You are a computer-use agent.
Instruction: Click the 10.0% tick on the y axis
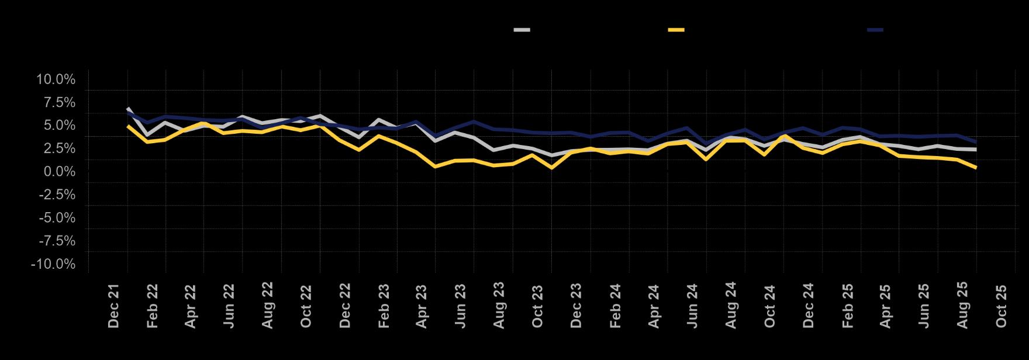[x=56, y=79]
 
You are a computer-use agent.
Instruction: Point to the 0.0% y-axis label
[x=60, y=172]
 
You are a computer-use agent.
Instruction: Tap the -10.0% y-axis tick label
[x=54, y=264]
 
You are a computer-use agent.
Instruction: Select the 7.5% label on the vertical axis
[x=60, y=103]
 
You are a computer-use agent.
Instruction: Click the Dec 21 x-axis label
[x=114, y=306]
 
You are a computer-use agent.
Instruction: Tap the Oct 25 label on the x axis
[x=1002, y=306]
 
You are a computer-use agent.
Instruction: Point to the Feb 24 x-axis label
[x=616, y=306]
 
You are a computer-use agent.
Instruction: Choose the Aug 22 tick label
[x=268, y=306]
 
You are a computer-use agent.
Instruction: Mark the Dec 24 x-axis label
[x=809, y=306]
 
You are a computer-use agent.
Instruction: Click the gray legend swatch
[x=522, y=30]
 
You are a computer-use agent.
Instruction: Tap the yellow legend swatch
[x=676, y=30]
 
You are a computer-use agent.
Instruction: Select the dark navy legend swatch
[x=875, y=30]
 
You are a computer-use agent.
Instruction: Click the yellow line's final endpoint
[x=976, y=168]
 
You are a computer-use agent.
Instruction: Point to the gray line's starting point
[x=127, y=108]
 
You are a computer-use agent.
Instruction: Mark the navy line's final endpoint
[x=976, y=142]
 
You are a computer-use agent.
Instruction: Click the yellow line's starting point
[x=127, y=126]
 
